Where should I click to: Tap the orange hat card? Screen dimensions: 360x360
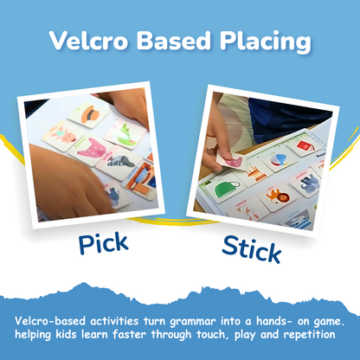click(x=88, y=113)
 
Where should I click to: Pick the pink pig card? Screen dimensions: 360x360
click(x=90, y=149)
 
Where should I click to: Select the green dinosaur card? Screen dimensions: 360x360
click(x=122, y=133)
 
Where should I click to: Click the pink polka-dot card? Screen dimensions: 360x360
click(x=59, y=134)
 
